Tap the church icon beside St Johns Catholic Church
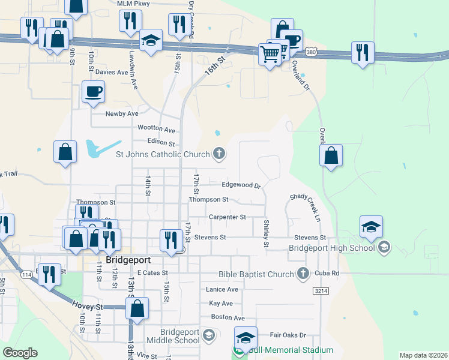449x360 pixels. click(219, 154)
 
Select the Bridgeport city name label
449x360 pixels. click(128, 261)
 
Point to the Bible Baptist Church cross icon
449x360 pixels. click(303, 274)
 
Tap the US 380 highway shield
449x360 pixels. click(310, 53)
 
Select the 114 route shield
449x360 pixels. click(26, 274)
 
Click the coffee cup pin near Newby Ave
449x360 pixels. click(93, 92)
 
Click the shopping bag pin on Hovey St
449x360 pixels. click(137, 308)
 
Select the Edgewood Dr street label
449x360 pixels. click(241, 185)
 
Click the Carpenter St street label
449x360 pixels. click(228, 217)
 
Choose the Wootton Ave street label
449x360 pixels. click(156, 130)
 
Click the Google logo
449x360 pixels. click(20, 353)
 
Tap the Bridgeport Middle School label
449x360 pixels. click(179, 336)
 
